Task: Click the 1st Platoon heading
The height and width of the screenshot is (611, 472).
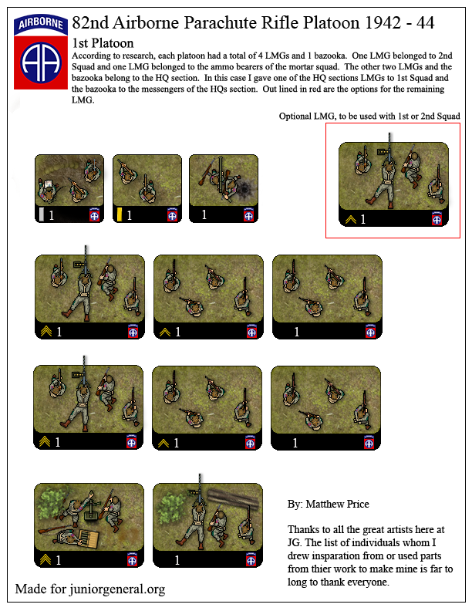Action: click(x=102, y=44)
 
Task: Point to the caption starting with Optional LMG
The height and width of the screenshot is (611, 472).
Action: click(x=370, y=116)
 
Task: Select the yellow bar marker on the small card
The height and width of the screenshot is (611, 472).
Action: click(x=120, y=214)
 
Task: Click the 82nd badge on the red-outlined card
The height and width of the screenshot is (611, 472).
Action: click(x=439, y=220)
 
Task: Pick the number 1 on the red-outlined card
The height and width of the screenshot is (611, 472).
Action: click(x=363, y=220)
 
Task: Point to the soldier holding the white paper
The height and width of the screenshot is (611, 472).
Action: click(x=48, y=187)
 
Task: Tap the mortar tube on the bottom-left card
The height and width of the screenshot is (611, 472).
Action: click(x=91, y=509)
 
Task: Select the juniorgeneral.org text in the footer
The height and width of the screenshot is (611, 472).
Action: click(x=115, y=590)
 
